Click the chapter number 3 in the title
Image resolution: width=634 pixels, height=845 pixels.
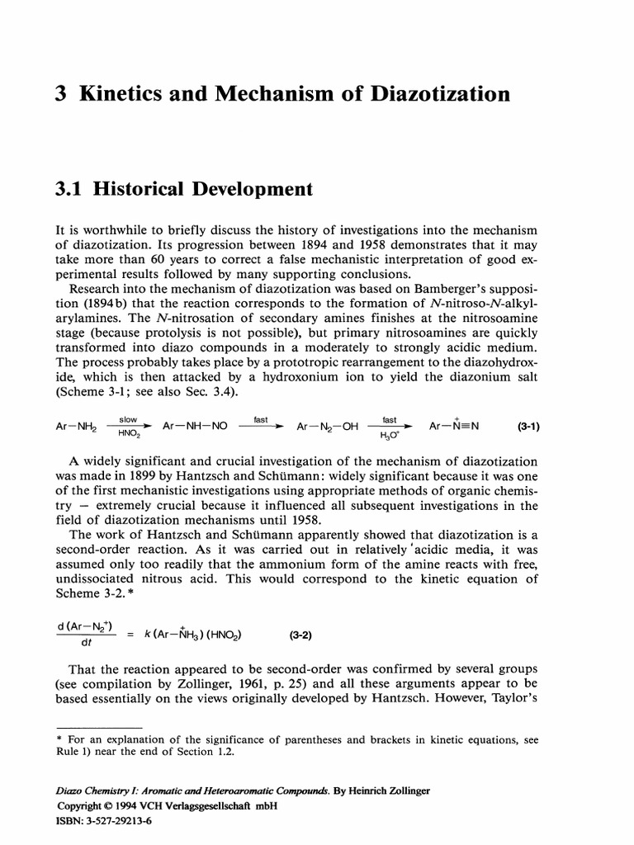click(59, 94)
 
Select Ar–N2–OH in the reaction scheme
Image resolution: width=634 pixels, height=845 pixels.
click(324, 426)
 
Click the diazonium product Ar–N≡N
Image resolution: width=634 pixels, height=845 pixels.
click(454, 426)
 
